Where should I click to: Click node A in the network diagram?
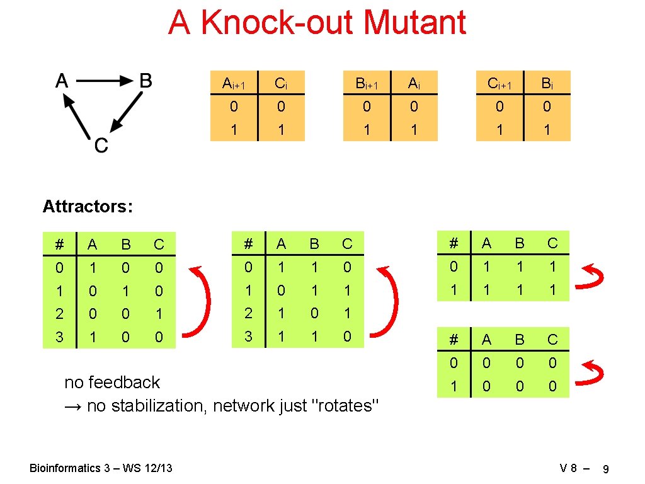pos(62,81)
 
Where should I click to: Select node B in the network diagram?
pos(146,81)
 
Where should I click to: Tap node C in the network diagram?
pos(101,146)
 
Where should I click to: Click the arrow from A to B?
pos(104,81)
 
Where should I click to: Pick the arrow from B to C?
pos(125,110)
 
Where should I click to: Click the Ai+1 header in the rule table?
pos(234,83)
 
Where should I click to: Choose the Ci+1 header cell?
pos(499,83)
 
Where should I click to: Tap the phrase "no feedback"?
pos(112,383)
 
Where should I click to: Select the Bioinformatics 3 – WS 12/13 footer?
pos(101,468)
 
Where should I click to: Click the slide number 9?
pos(605,469)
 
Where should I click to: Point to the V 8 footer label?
pos(569,468)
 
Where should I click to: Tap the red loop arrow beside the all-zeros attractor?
pos(593,374)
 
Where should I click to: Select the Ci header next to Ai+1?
pos(282,83)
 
